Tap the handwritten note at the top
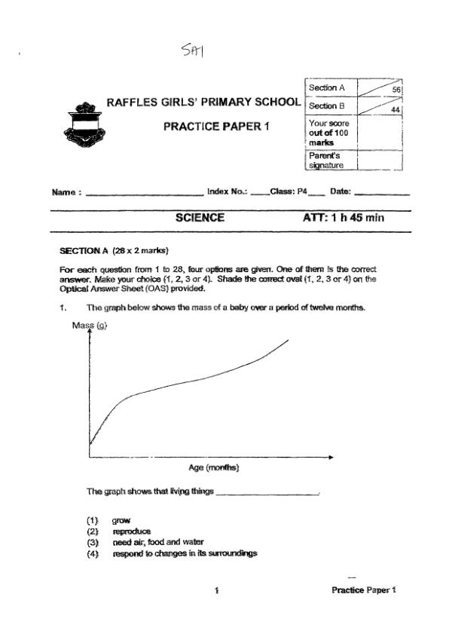[194, 51]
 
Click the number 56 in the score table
[396, 90]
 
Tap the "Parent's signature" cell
[326, 160]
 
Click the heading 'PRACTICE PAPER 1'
[216, 126]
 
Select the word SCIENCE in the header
[200, 218]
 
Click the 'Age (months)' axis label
[214, 468]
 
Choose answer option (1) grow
[121, 520]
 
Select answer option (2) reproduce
[132, 531]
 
